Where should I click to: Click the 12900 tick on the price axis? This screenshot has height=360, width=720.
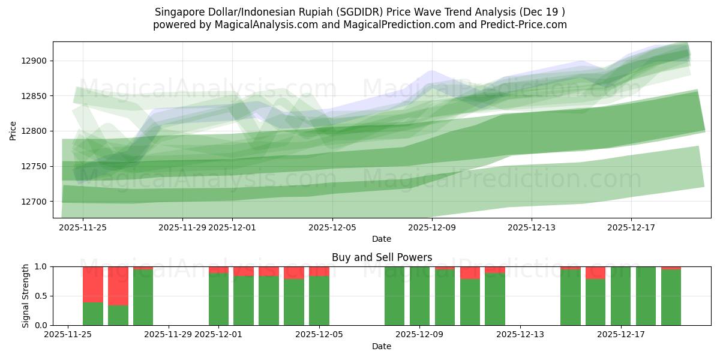tap(37, 61)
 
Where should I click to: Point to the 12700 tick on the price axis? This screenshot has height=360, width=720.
tap(37, 202)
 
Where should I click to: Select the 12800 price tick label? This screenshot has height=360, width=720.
tap(37, 131)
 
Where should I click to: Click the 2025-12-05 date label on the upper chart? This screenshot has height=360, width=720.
tap(332, 227)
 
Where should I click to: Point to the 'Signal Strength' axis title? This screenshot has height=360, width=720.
tap(26, 296)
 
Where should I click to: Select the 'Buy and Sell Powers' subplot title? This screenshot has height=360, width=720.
tap(382, 257)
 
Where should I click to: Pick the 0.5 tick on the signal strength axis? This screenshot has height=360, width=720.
tap(41, 296)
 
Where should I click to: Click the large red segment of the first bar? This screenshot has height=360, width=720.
tap(93, 284)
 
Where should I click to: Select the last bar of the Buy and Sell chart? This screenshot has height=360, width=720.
tap(671, 297)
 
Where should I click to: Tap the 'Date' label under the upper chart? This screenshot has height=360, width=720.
tap(382, 239)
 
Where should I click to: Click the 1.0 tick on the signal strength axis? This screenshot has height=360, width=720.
tap(41, 267)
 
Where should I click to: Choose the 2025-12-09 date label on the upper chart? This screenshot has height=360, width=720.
tap(432, 227)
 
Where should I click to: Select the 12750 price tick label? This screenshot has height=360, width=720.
tap(37, 166)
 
